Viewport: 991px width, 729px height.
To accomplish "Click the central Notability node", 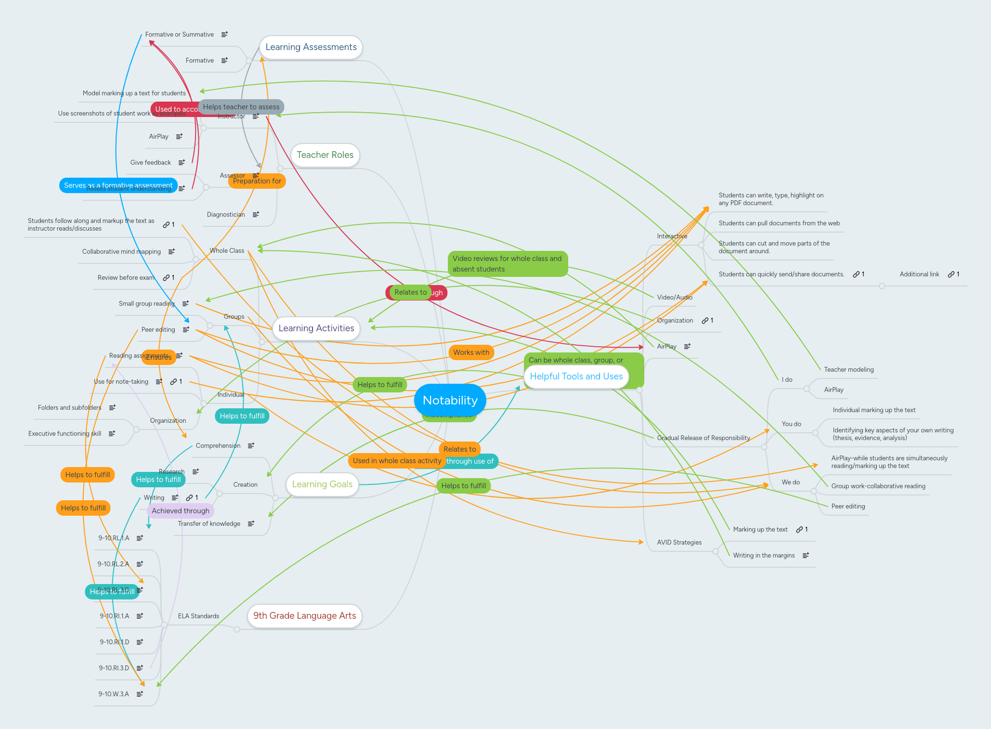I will coord(450,400).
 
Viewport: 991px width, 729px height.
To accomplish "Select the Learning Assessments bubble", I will coord(311,47).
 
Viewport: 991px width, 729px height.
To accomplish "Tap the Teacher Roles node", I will coord(325,155).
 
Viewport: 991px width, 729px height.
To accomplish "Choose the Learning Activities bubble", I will coord(316,328).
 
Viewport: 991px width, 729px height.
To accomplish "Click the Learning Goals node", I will coord(322,484).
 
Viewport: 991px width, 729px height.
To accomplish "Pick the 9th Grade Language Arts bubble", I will coord(304,616).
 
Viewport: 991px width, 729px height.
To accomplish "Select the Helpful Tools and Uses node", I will coord(576,377).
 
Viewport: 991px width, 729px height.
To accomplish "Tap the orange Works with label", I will coord(471,352).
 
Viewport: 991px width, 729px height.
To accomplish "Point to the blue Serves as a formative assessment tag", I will coord(118,185).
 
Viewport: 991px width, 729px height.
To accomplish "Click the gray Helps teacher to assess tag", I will coord(241,107).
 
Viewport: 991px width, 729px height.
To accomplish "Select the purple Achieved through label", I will coord(181,511).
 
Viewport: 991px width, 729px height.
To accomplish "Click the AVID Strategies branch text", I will coord(679,543).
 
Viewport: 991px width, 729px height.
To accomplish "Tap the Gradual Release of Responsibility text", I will coord(703,438).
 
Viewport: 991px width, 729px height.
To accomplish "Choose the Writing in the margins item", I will coord(764,556).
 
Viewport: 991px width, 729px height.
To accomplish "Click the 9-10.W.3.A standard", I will coord(114,694).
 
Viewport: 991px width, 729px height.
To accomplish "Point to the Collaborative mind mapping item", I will coord(121,252).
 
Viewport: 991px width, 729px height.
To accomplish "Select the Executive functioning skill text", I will coord(65,434).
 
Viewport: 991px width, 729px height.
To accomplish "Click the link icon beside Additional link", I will coord(951,274).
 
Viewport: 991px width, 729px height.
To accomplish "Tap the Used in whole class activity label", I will coord(397,461).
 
